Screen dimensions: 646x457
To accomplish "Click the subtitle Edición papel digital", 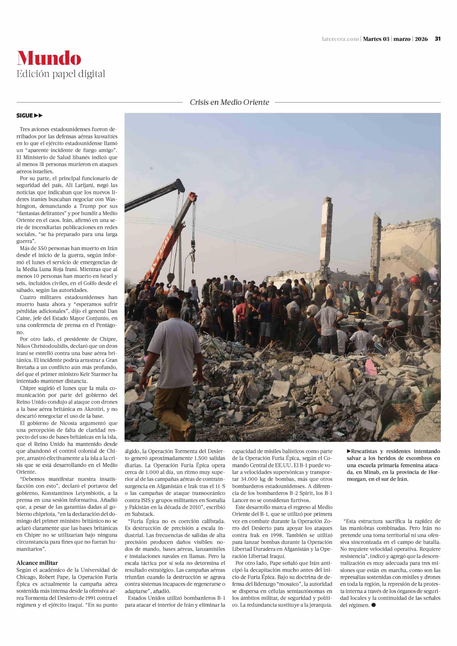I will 61,74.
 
